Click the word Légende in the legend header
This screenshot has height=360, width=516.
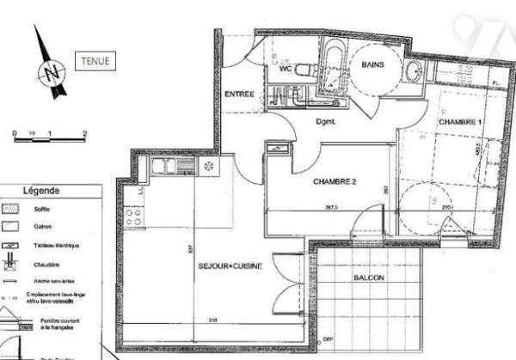[x=41, y=191]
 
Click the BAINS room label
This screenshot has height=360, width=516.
[x=372, y=64]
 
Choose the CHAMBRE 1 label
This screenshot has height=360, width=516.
[x=461, y=123]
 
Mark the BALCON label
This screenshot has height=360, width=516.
[x=369, y=279]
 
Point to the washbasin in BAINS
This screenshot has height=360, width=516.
[x=415, y=70]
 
